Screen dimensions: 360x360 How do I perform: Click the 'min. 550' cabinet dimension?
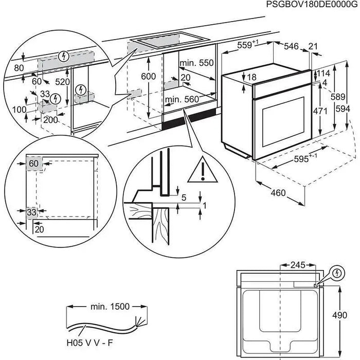(x=196, y=63)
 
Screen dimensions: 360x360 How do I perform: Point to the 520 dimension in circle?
(x=63, y=82)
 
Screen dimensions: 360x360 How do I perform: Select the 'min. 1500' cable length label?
(x=107, y=307)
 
